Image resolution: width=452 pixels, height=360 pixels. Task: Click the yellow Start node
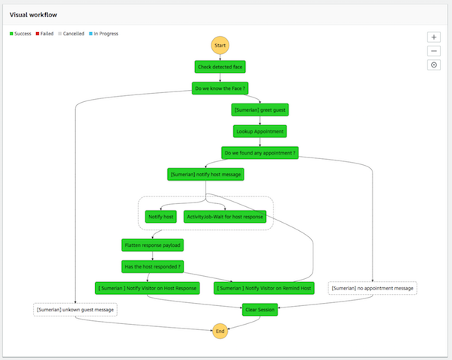[220, 45]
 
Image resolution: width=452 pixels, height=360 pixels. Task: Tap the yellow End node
[220, 330]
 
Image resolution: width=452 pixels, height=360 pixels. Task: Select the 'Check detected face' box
[220, 67]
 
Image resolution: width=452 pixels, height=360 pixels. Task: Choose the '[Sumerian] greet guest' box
[259, 109]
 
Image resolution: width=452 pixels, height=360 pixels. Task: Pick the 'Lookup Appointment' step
[259, 130]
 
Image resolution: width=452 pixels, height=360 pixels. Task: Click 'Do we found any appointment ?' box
[259, 152]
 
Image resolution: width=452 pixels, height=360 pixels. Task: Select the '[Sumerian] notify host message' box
[205, 174]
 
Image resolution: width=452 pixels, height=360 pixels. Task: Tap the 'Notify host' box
[161, 217]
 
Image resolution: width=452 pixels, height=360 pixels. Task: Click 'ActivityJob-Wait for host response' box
[225, 217]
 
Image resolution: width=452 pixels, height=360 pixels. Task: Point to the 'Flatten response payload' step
[152, 244]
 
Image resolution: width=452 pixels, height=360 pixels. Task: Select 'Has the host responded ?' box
[152, 265]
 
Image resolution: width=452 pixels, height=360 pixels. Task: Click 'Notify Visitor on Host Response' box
[148, 287]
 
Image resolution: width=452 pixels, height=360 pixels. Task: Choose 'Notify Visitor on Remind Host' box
[264, 287]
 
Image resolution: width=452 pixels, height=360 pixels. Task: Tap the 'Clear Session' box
[259, 309]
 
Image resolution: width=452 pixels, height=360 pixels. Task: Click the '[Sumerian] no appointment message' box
[373, 287]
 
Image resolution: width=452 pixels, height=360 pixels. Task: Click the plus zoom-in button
[434, 37]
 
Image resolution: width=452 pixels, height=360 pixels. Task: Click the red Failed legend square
[37, 34]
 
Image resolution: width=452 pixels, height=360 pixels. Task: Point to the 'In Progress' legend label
[106, 34]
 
